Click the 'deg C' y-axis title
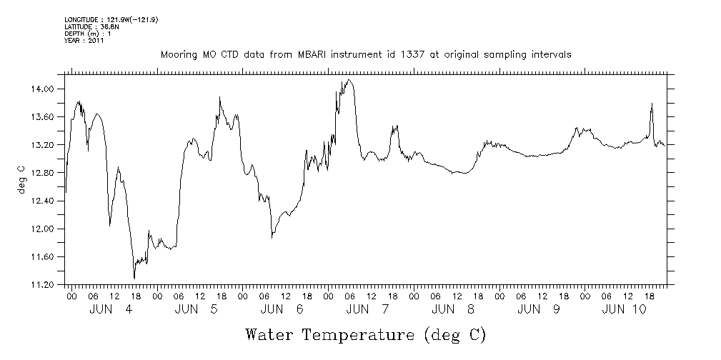21,179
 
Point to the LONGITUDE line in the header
111,19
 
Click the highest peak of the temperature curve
349,80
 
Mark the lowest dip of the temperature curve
134,278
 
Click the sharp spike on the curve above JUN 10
652,104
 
